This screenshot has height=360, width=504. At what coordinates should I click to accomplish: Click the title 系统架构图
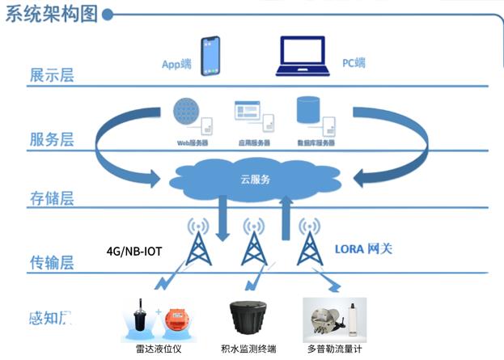pyautogui.click(x=53, y=15)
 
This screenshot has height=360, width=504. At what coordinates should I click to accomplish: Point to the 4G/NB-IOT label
pyautogui.click(x=135, y=252)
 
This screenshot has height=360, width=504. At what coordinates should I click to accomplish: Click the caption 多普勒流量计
pyautogui.click(x=334, y=349)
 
